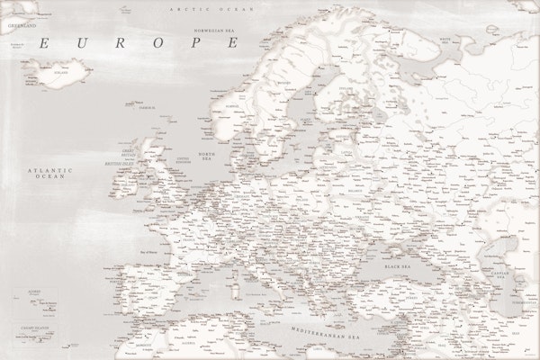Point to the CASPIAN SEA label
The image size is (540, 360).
point(516,272)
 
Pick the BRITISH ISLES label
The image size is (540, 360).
point(118,163)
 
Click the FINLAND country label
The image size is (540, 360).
point(344,90)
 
